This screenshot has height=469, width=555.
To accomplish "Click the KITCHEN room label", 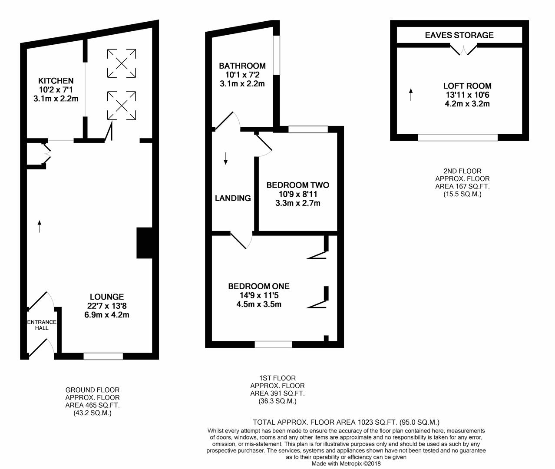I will [56, 81].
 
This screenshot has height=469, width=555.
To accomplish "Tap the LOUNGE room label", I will [106, 297].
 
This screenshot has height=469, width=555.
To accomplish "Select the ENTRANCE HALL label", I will [42, 325].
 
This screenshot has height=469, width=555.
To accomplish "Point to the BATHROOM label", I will [242, 66].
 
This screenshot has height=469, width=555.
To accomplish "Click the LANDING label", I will [233, 198].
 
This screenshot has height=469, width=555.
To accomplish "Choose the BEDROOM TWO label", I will [297, 185].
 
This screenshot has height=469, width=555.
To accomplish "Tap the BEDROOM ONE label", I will [259, 287].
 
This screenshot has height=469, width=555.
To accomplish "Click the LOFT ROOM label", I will [467, 86].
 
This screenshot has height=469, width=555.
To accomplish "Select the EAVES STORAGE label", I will [459, 35].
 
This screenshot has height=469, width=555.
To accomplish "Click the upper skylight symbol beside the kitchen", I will [122, 64].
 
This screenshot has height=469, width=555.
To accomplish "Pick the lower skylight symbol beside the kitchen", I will [122, 105].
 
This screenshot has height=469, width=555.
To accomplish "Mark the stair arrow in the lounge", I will [40, 226].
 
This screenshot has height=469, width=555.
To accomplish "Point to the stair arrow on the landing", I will [225, 159].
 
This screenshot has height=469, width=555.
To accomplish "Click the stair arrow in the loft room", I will [410, 94].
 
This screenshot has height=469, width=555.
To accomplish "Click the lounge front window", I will [103, 357].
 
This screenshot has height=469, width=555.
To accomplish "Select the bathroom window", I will [276, 55].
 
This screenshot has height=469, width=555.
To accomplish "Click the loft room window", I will [458, 138].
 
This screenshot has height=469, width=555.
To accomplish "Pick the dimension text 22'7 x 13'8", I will [106, 306].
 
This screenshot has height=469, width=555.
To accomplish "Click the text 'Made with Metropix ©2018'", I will [346, 463].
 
